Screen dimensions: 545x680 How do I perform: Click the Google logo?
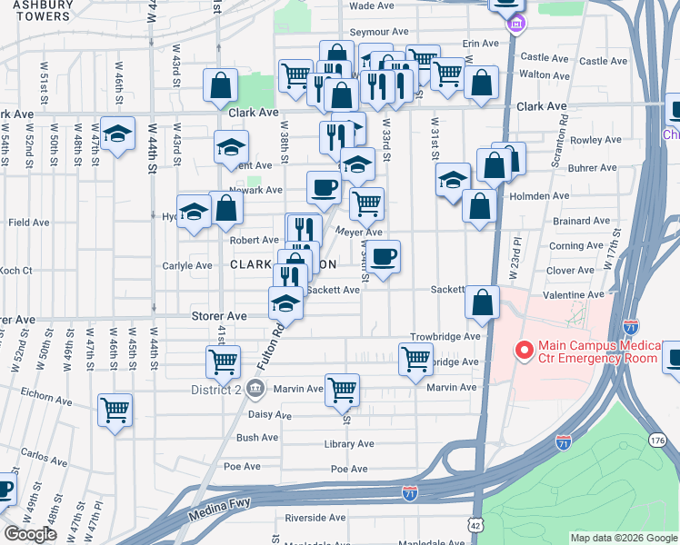point(30,534)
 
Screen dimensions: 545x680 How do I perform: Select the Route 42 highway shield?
point(475,525)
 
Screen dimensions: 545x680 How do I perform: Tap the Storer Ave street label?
point(218,316)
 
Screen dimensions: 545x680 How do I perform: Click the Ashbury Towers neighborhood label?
point(36,10)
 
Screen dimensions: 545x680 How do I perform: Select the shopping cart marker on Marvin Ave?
point(342,390)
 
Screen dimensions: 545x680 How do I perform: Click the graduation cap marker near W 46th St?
point(117,134)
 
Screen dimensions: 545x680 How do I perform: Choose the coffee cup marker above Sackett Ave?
point(384,256)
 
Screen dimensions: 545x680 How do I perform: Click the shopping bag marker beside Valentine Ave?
point(485,302)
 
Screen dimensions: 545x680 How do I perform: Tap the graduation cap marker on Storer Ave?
point(285,302)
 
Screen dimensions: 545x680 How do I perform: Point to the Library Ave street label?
point(349,444)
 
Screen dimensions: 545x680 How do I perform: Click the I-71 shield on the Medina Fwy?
point(410,493)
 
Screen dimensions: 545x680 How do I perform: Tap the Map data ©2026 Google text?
point(622,538)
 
